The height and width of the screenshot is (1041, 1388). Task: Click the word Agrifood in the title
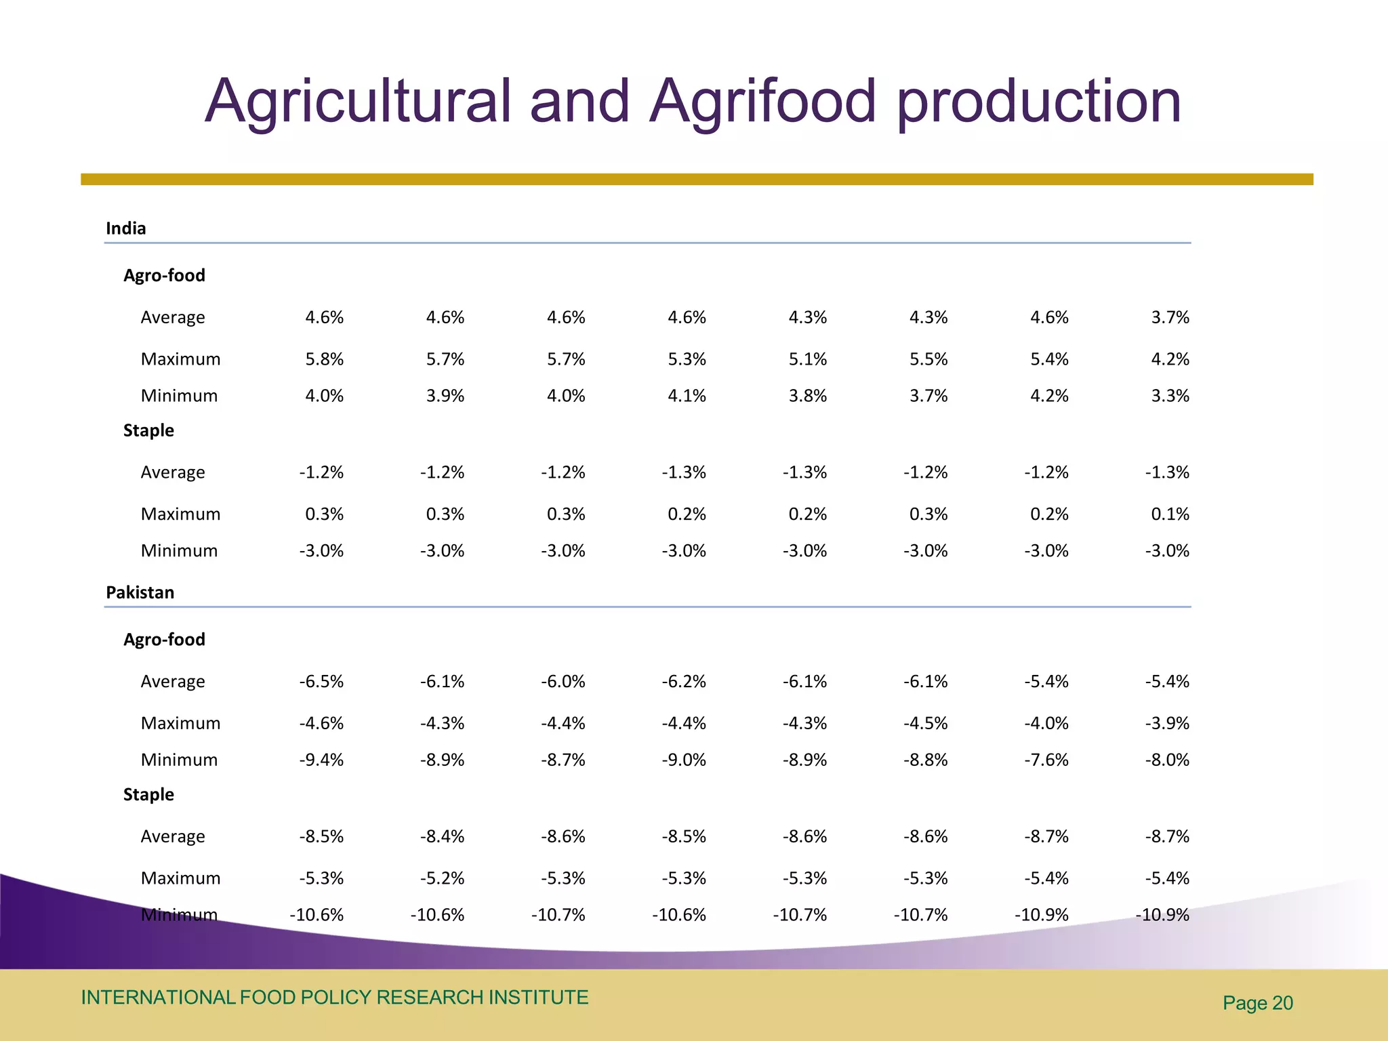tap(763, 102)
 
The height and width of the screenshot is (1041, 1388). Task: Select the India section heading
tap(126, 228)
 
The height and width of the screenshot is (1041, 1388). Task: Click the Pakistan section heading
tap(140, 592)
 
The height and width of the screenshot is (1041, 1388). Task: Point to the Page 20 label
tap(1258, 1003)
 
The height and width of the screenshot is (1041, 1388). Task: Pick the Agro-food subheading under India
tap(164, 275)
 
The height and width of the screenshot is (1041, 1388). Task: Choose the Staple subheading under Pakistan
tap(148, 794)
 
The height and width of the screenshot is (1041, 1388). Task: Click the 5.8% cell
tap(325, 359)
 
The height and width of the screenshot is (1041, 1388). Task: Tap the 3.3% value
tap(1170, 396)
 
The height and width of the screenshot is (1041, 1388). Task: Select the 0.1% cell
tap(1170, 514)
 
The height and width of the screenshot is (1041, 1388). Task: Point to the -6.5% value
tap(322, 681)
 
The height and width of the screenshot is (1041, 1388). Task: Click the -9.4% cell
tap(322, 760)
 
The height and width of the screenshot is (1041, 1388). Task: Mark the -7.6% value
tap(1046, 760)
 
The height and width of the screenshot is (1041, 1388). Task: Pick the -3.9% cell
tap(1168, 723)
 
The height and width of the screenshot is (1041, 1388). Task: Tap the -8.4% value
tap(443, 836)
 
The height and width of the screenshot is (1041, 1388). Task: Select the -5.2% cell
tap(443, 878)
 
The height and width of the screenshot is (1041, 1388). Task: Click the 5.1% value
tap(808, 359)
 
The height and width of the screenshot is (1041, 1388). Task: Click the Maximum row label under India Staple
tap(180, 514)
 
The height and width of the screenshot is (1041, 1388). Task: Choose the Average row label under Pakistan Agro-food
tap(172, 681)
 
